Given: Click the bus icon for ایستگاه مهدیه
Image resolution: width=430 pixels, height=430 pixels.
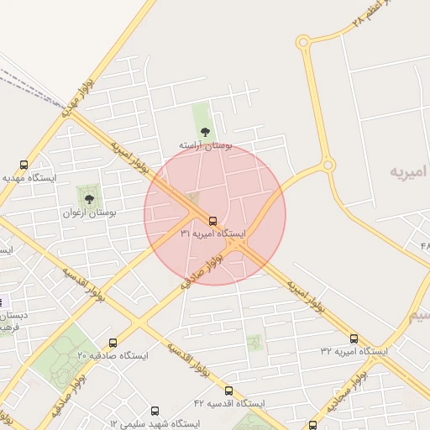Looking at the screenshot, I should pos(24,165).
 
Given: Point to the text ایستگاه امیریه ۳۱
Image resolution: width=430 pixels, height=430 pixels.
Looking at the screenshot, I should pos(212,233).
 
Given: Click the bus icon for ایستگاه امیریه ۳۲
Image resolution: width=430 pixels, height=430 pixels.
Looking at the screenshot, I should pos(354,338).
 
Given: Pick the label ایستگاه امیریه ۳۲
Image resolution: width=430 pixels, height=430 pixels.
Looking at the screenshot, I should pos(354,351).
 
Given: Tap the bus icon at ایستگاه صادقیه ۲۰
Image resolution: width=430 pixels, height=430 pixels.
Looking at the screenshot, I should pos(113,343).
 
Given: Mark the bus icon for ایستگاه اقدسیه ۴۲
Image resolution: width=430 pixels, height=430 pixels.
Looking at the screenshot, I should pos(229,391).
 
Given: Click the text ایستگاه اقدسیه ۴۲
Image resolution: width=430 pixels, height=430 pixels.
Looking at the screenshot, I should pos(228,403).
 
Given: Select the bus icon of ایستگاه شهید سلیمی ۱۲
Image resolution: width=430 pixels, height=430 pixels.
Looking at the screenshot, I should pos(155,412).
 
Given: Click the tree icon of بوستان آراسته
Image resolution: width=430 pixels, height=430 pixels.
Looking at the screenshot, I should pos(205,132).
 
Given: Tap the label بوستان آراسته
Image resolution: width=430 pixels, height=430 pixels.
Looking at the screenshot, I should pos(204,145).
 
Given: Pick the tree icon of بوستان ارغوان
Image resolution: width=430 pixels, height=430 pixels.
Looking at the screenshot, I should pos(89,199).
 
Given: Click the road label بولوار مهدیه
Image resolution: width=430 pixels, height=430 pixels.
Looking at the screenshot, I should pos(71,102).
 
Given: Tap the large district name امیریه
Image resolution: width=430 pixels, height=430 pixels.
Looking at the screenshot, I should pos(409,172).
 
